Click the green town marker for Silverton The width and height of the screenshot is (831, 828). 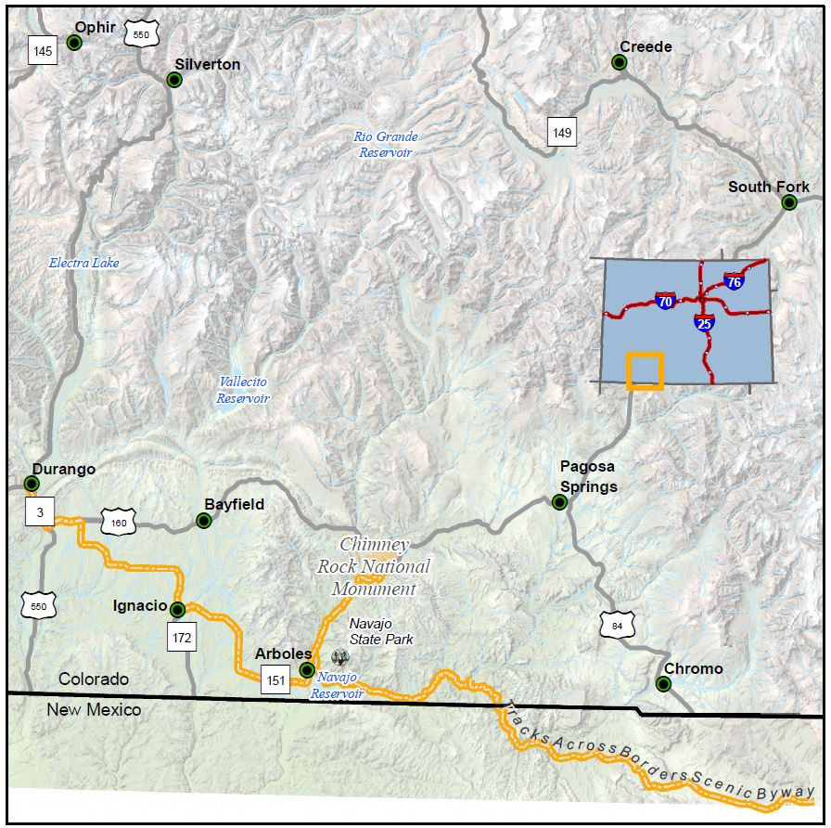coord(174,80)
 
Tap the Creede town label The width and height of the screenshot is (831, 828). coord(646,46)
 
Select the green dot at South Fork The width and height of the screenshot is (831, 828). coord(789,202)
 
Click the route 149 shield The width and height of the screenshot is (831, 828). coord(561,133)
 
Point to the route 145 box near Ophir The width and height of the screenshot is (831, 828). coord(42,51)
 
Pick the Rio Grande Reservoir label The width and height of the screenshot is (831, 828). coord(385,144)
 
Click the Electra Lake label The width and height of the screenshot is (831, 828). coord(83,263)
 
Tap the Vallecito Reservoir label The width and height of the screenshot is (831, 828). coord(243,390)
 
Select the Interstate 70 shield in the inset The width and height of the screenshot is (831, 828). coord(664,300)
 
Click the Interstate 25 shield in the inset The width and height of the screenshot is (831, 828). coord(704,323)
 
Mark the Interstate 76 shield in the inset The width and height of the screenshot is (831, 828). coord(734,280)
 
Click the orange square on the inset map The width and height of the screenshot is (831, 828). coord(645,370)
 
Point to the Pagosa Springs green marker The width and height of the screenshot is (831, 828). coord(559,502)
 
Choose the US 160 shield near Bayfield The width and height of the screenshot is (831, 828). coord(119,523)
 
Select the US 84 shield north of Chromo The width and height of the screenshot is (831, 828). coord(617,627)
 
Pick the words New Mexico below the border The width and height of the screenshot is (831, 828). coord(94,710)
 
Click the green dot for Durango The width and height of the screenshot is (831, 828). coord(32,484)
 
